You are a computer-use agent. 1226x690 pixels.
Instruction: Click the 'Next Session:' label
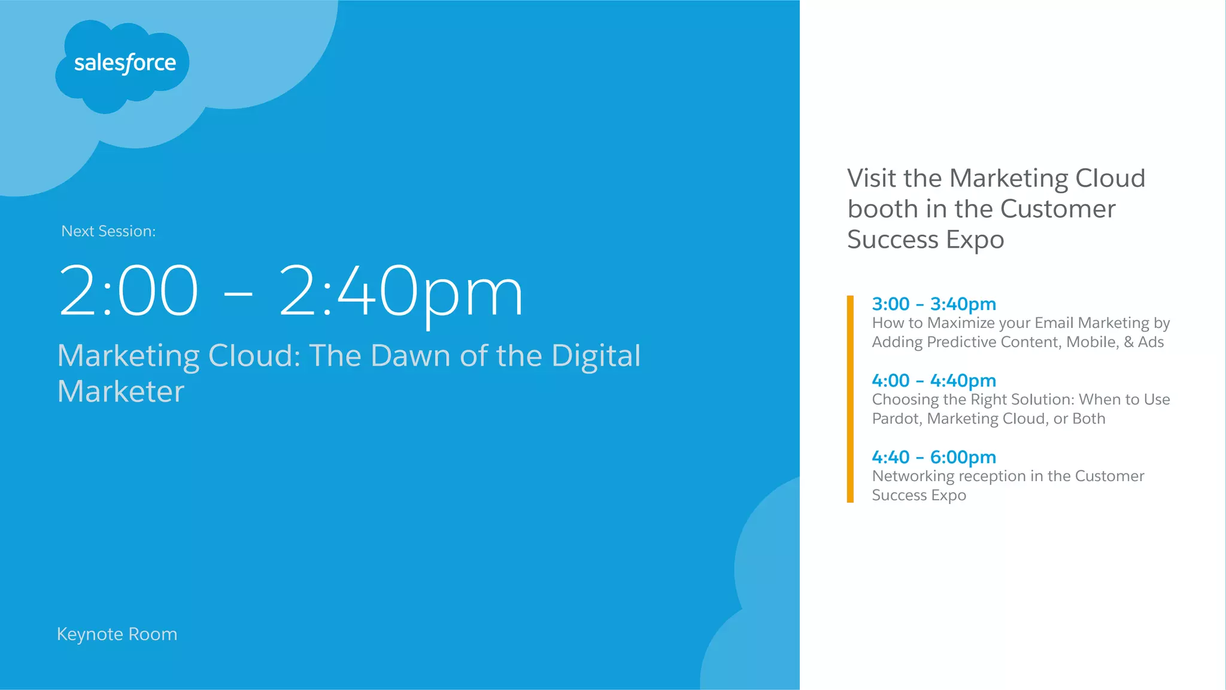[108, 232]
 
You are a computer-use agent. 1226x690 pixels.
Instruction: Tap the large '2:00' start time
[129, 291]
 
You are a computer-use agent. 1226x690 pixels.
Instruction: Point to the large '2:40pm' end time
[400, 291]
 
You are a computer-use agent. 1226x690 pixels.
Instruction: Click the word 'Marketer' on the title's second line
[121, 391]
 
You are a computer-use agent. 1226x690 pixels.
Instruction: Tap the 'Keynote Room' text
[117, 634]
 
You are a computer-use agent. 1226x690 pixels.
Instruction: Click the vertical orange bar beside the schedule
[850, 399]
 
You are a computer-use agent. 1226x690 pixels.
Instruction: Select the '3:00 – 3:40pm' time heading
[934, 304]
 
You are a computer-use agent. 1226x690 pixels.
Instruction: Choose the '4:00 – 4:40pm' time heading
[934, 381]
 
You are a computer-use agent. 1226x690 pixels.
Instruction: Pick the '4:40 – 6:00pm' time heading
[934, 457]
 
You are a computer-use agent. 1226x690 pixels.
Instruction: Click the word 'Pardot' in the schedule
[895, 419]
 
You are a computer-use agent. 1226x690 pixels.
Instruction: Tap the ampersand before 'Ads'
[1128, 342]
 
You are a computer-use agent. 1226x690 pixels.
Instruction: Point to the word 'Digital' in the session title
[596, 355]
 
